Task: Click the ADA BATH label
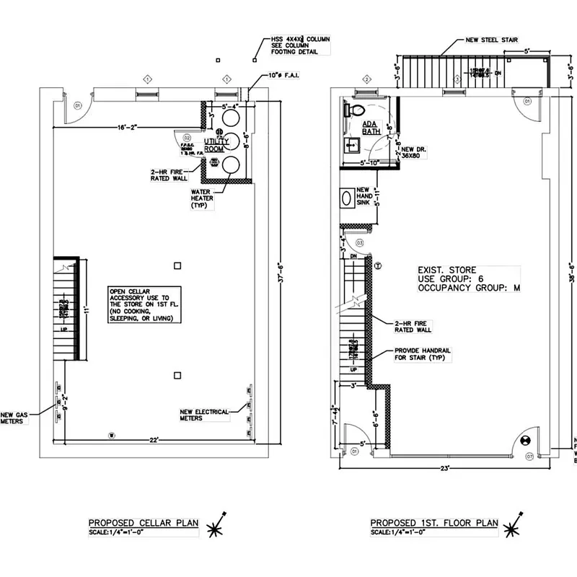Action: (x=371, y=128)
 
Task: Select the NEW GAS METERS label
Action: (x=15, y=418)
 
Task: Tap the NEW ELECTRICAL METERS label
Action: (x=204, y=415)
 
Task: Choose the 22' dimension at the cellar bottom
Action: (x=154, y=440)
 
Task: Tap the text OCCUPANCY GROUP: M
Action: (x=470, y=287)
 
